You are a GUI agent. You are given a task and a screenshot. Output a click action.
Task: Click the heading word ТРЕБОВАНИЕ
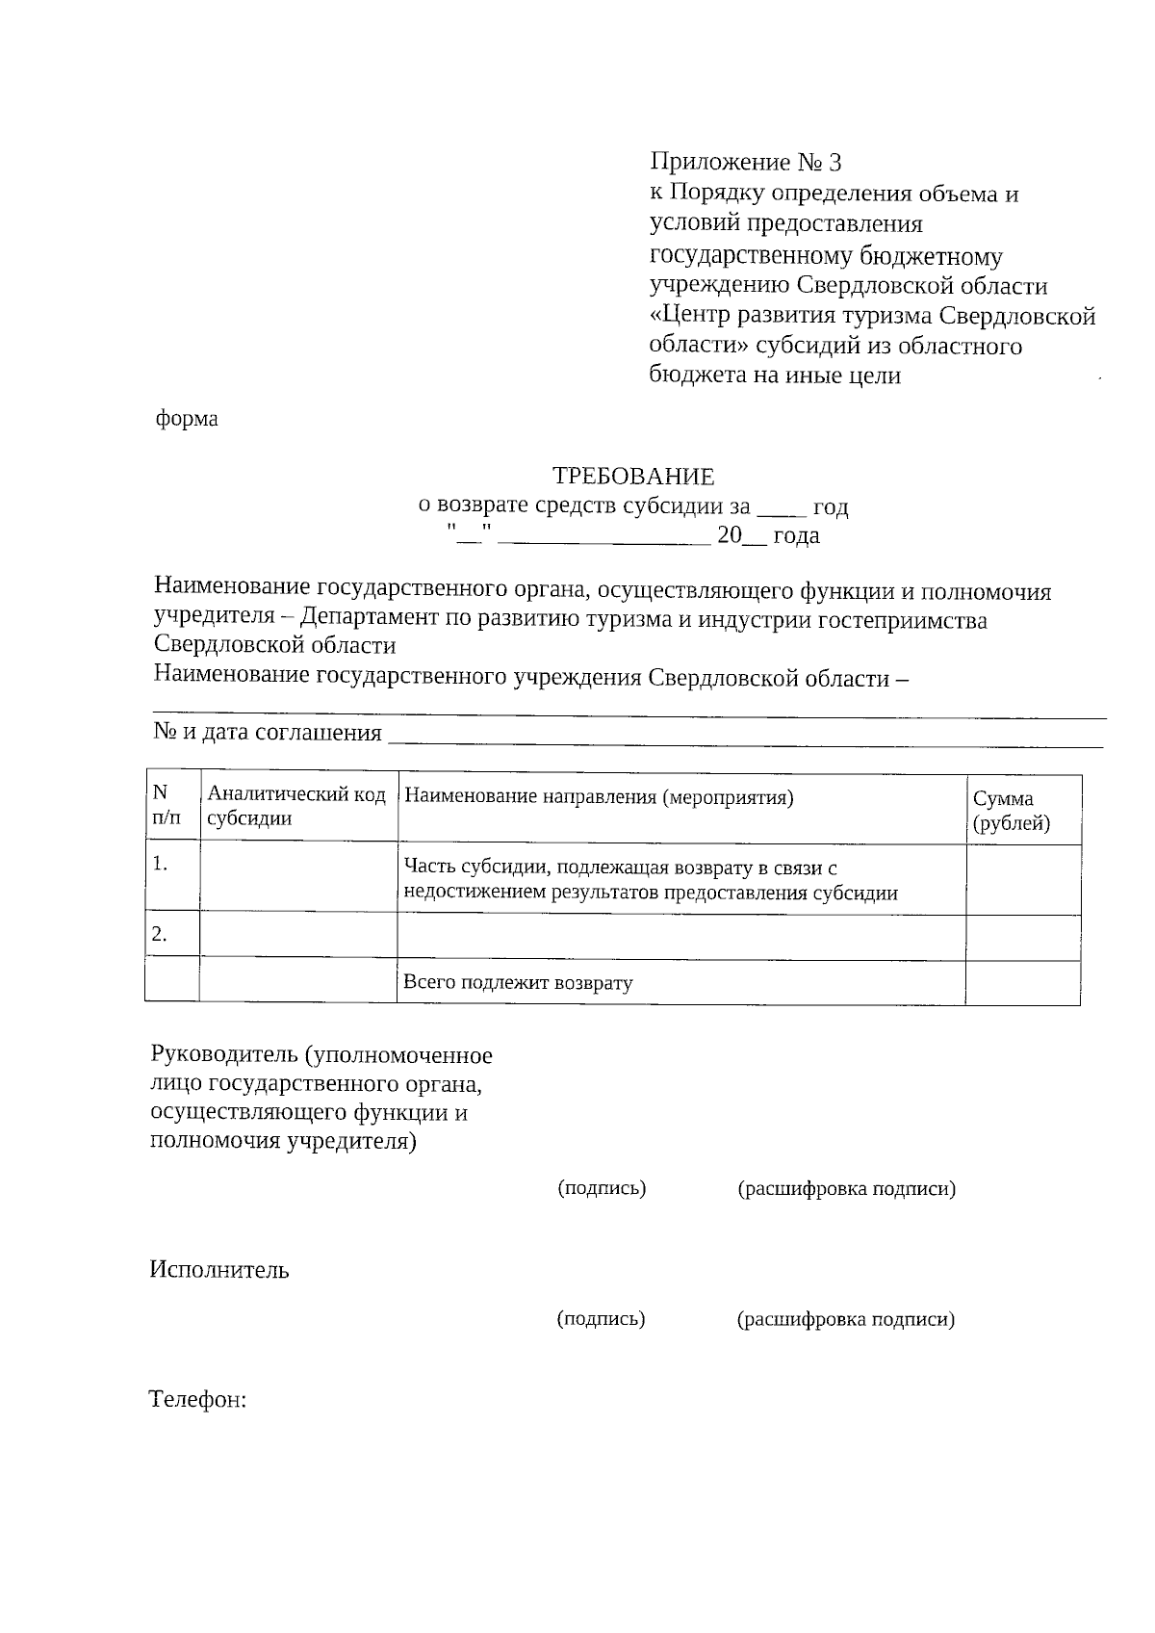[x=632, y=476]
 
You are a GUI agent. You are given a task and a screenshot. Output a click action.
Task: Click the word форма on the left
[x=187, y=419]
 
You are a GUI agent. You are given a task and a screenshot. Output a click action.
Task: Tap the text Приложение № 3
[x=746, y=161]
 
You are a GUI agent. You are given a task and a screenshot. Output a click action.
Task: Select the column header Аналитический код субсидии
[x=296, y=807]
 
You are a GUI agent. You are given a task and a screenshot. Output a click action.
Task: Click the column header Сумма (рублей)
[x=1011, y=811]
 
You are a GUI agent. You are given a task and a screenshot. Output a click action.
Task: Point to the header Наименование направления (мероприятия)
[x=599, y=797]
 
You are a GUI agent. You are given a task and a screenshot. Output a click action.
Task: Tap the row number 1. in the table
[x=161, y=864]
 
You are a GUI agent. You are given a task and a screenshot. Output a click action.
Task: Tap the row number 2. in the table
[x=161, y=934]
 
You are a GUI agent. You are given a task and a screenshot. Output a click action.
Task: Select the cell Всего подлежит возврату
[x=518, y=983]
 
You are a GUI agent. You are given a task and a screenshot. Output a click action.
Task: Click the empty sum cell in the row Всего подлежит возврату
[x=1022, y=983]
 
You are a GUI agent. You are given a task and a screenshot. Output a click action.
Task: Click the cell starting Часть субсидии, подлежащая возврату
[x=650, y=880]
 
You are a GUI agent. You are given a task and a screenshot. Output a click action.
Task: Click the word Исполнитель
[x=219, y=1270]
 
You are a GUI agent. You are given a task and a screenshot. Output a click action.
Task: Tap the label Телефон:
[x=198, y=1399]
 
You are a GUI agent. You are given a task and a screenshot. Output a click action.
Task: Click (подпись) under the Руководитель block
[x=602, y=1188]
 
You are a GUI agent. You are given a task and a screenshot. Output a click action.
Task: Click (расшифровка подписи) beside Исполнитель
[x=846, y=1319]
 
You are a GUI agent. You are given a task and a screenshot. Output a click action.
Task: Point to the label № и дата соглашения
[x=268, y=732]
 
